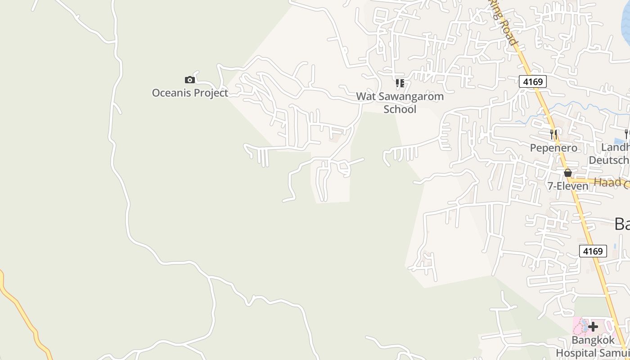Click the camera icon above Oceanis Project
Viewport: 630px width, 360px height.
(190, 80)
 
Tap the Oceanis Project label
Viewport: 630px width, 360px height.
(190, 93)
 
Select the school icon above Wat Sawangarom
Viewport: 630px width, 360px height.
(400, 83)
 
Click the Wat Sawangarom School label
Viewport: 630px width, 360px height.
(400, 103)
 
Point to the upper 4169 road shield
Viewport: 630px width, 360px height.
(533, 81)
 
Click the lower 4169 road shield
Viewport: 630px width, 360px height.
(593, 251)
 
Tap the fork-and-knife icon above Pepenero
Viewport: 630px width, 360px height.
(553, 135)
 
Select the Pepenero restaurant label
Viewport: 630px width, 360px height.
(553, 148)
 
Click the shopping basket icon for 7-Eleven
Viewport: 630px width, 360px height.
(568, 173)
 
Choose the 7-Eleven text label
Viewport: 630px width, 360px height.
(568, 186)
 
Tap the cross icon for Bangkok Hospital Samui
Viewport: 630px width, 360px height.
(593, 327)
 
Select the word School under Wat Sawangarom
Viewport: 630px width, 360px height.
(400, 109)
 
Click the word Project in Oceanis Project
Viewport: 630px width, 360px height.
(210, 93)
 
